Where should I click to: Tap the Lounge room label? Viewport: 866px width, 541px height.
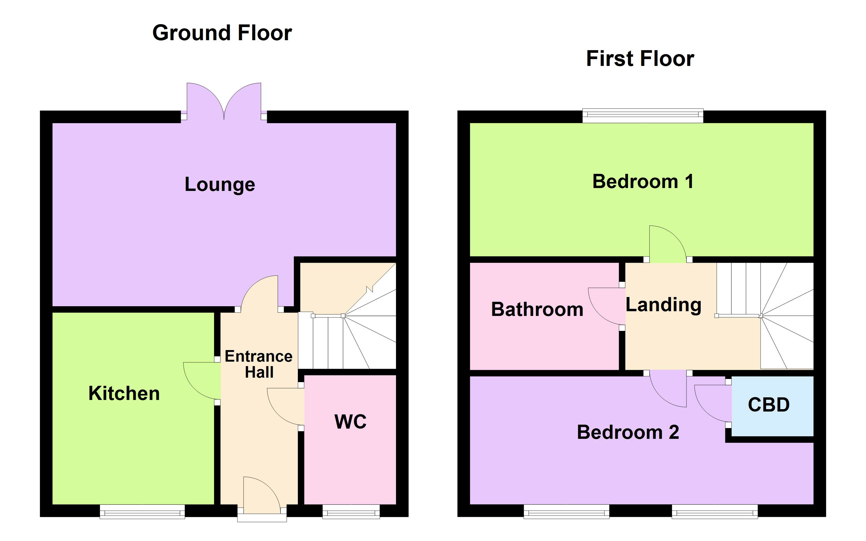220,185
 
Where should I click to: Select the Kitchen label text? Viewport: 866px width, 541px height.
124,394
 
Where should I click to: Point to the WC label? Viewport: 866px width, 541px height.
350,422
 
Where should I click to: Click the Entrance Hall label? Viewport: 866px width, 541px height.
258,364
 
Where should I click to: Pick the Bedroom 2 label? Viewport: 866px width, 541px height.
628,432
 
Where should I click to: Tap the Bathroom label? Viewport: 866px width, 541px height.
537,310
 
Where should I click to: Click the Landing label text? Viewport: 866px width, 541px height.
663,305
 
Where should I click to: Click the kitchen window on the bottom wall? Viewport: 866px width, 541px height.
142,512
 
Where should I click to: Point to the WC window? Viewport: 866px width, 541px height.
351,512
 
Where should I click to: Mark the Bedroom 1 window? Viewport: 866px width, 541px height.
642,116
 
